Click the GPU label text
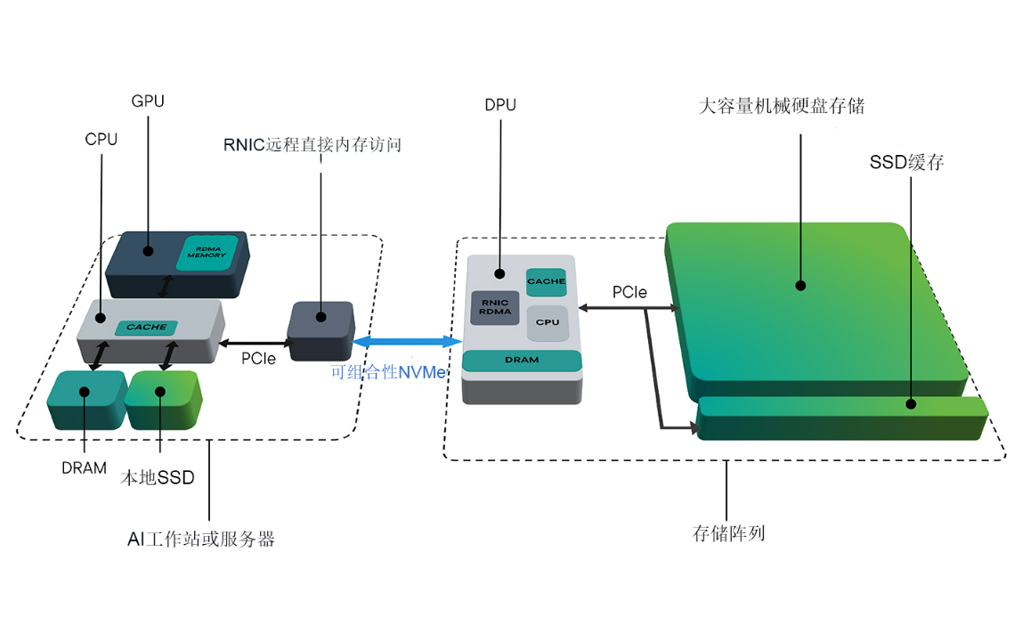pos(148,101)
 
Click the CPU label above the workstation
pos(101,139)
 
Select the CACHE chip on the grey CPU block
pos(146,327)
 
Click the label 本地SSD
pos(158,478)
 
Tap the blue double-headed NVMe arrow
pos(406,341)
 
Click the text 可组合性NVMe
pos(387,373)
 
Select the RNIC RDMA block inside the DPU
pos(495,307)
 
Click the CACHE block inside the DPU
pos(546,281)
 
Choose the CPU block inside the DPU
pos(547,322)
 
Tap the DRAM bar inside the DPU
pos(522,360)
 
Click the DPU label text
pos(500,105)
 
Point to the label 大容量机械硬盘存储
pos(782,107)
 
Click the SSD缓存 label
pos(906,163)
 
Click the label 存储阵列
pos(728,534)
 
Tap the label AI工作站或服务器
pos(201,540)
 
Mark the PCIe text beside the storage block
pos(629,292)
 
